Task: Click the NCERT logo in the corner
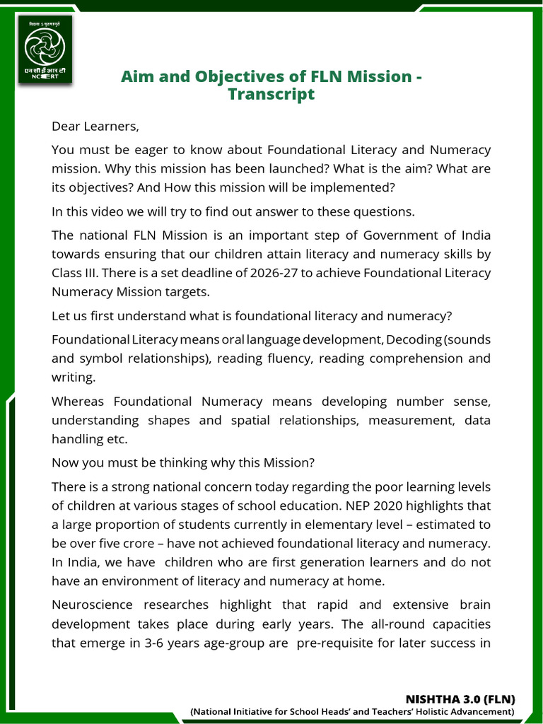coord(45,49)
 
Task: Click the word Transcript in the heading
coord(271,95)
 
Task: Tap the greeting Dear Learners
coord(95,127)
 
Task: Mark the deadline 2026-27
coord(249,273)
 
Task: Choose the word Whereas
coord(78,402)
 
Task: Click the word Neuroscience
coord(95,605)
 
